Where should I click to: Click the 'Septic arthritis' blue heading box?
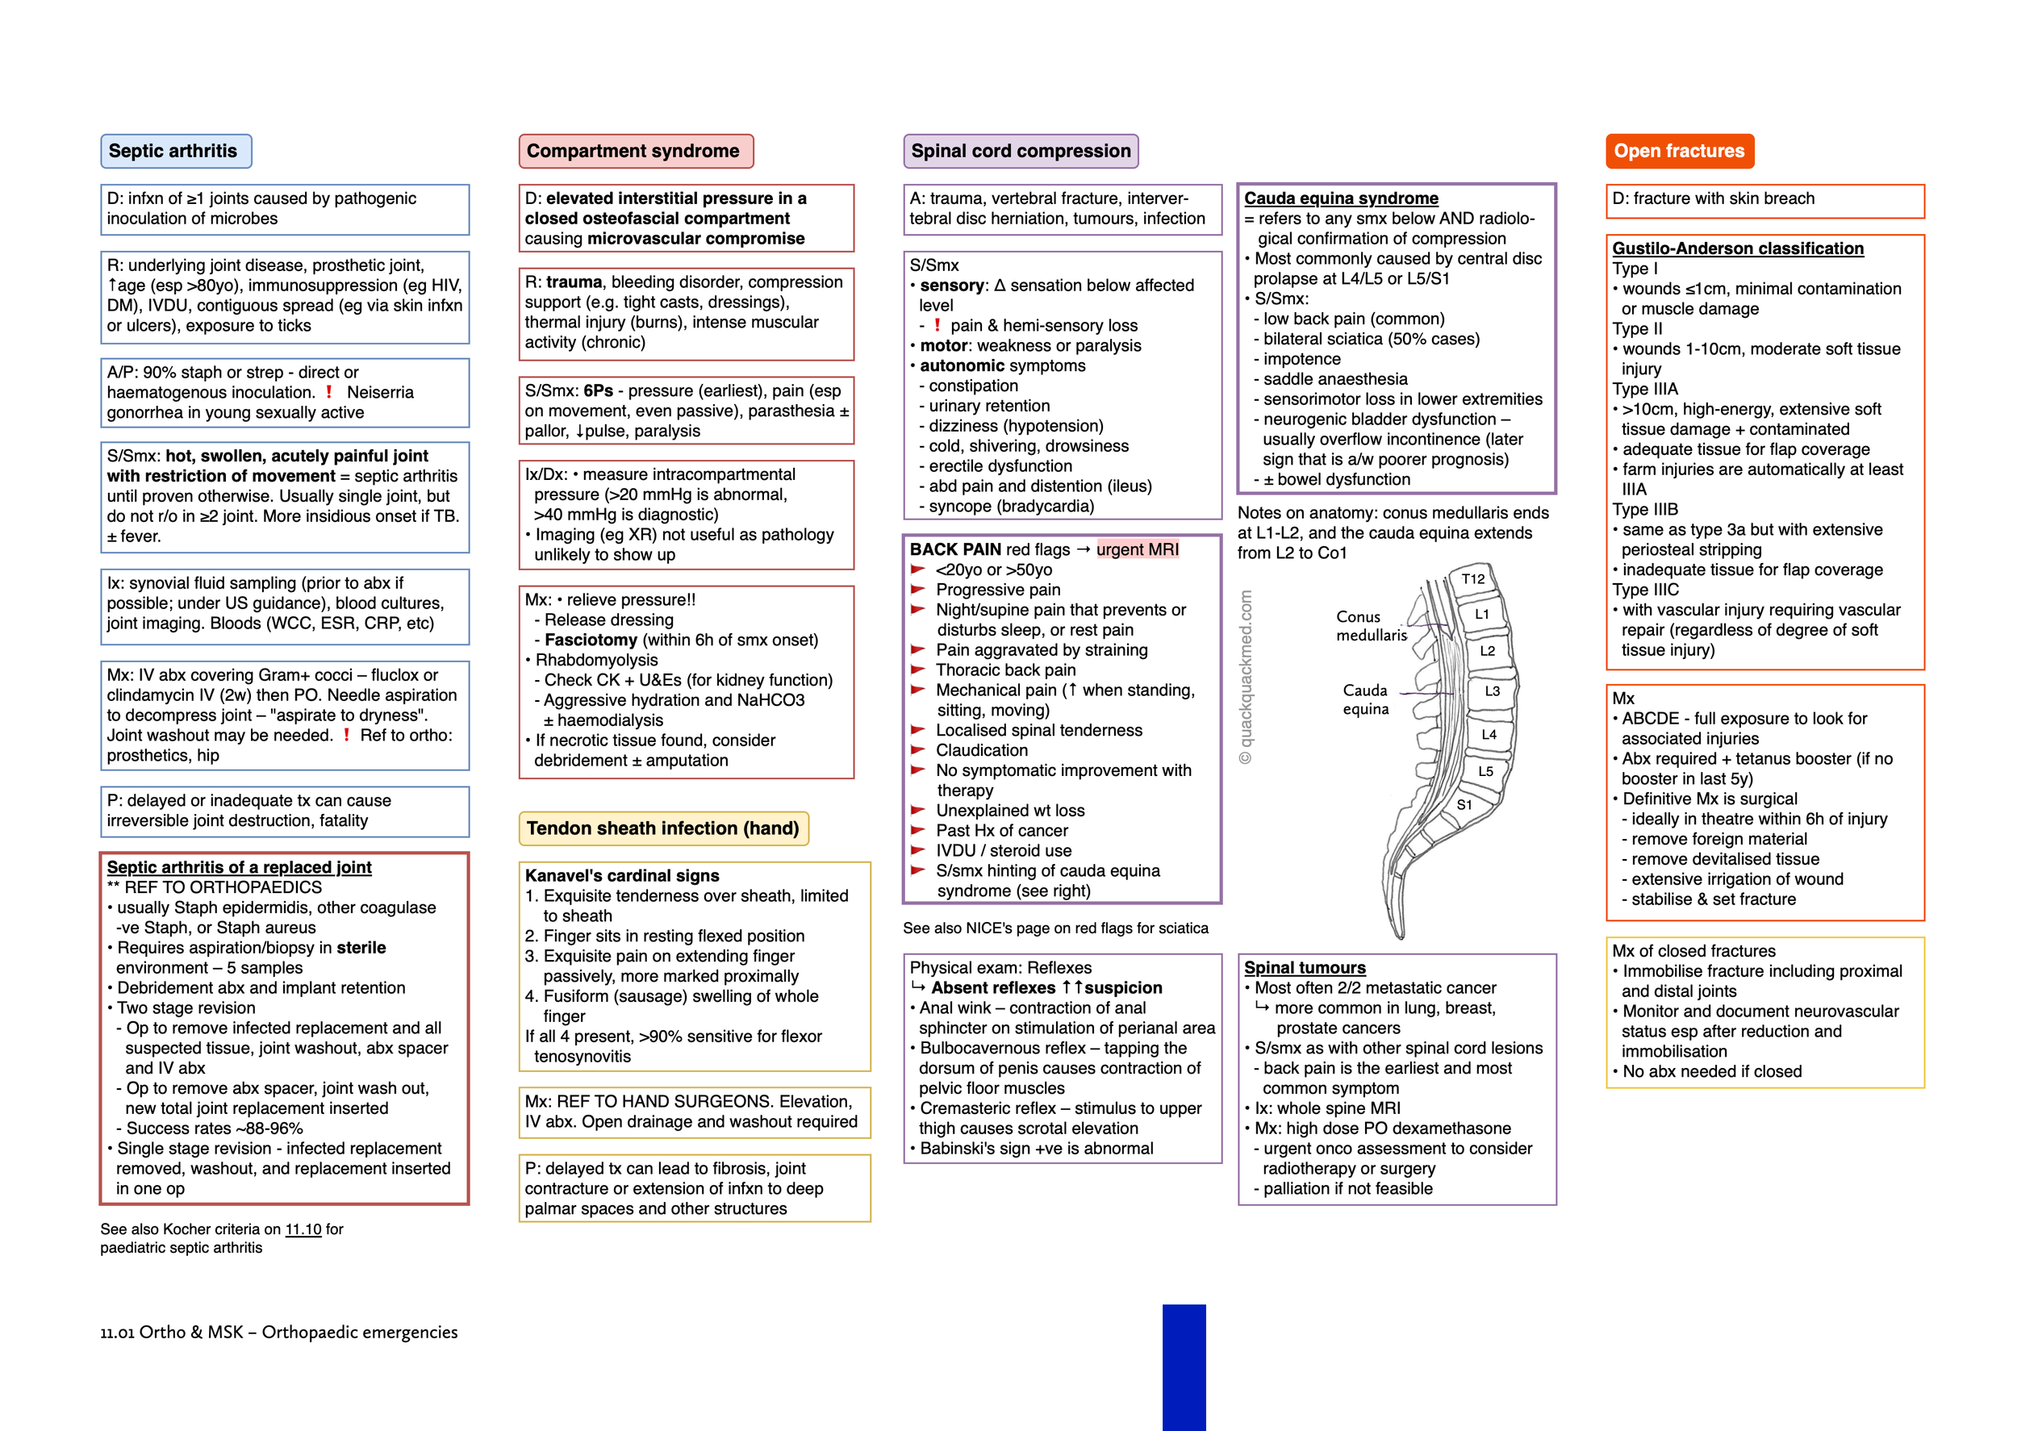(x=175, y=152)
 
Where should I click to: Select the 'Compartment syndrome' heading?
(x=634, y=152)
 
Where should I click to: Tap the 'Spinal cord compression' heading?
(x=1020, y=152)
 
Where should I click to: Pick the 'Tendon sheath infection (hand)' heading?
(x=662, y=828)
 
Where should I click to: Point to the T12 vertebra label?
(x=1472, y=579)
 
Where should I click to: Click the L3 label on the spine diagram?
(x=1492, y=690)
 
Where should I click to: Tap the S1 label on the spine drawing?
(x=1464, y=804)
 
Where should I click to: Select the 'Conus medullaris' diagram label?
(x=1370, y=626)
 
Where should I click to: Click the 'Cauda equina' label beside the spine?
(x=1365, y=699)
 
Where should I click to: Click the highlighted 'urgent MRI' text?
(x=1137, y=550)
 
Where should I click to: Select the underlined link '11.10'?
(x=303, y=1229)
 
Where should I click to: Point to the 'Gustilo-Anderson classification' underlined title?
(x=1737, y=248)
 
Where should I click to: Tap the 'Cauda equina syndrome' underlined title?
(x=1340, y=198)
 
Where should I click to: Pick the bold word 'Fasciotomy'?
(x=591, y=640)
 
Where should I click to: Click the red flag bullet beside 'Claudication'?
(x=917, y=750)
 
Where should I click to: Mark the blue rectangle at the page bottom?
(x=1184, y=1366)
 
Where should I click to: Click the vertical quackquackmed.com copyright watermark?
(x=1246, y=677)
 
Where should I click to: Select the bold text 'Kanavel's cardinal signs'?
(x=622, y=876)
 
